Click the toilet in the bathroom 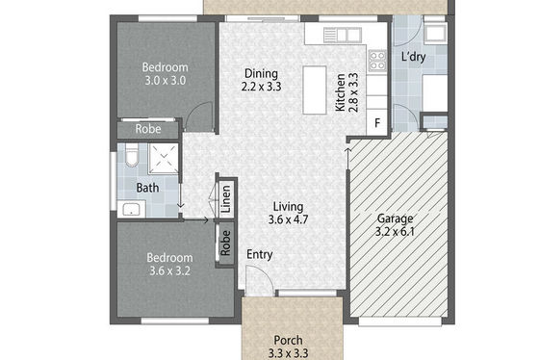(131, 155)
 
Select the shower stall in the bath (164, 159)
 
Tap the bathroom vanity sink (131, 210)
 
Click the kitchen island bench (314, 90)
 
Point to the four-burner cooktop (377, 61)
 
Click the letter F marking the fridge (377, 123)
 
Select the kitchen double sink (343, 36)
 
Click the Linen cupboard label (226, 198)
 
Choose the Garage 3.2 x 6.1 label (395, 225)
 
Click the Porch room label (288, 340)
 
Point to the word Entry (260, 255)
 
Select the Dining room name (261, 73)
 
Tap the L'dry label (414, 57)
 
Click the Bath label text (147, 188)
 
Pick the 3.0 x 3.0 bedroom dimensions (165, 81)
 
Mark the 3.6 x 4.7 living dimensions (288, 219)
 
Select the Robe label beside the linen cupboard (225, 244)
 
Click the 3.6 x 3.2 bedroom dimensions (169, 270)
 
